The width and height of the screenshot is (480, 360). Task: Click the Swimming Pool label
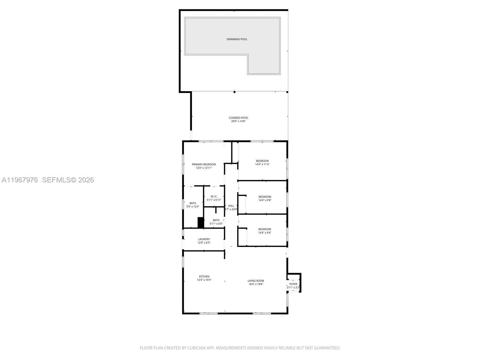click(237, 39)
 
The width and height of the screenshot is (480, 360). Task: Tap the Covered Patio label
click(238, 118)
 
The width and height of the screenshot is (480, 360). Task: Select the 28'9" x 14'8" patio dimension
click(238, 121)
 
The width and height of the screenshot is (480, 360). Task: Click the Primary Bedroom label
click(204, 164)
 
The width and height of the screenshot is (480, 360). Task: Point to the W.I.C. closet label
click(214, 196)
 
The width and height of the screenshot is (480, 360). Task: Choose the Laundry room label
click(204, 239)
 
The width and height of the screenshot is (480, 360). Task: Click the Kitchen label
click(204, 277)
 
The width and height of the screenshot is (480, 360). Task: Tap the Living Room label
click(256, 281)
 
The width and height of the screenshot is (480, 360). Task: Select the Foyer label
click(293, 284)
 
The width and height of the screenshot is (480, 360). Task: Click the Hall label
click(231, 206)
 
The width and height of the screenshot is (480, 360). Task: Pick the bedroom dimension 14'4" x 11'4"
click(262, 164)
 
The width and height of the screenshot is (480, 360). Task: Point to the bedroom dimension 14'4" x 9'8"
click(265, 200)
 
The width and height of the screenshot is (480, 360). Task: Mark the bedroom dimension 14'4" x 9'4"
click(265, 232)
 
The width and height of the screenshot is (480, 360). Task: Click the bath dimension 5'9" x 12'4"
click(193, 206)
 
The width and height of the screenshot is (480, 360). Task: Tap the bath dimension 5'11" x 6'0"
click(216, 223)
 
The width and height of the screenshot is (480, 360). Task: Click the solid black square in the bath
click(201, 223)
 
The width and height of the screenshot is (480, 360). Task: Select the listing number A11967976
click(20, 180)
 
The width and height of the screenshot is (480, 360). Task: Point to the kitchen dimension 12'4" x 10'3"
click(204, 280)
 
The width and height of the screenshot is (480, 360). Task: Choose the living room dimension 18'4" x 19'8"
click(256, 284)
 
